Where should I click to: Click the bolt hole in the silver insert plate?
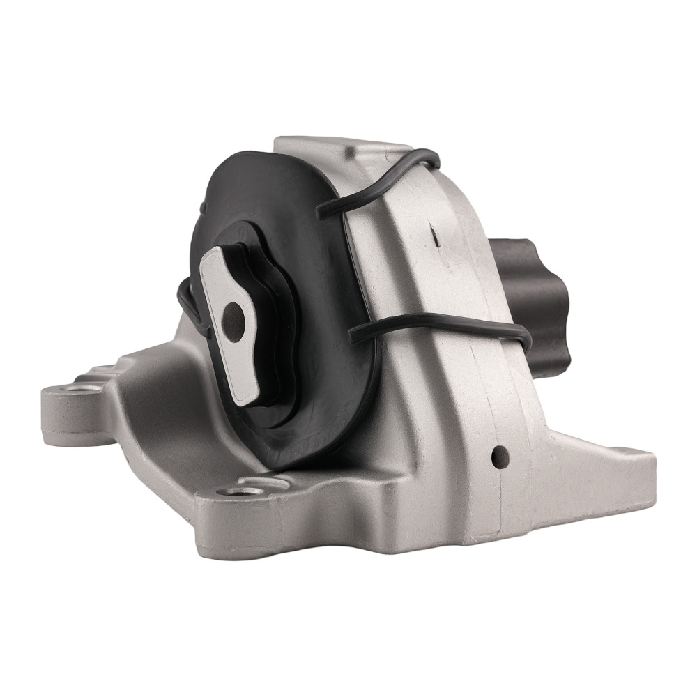tap(233, 320)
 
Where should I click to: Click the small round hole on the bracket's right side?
tap(499, 457)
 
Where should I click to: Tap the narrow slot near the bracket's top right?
tap(434, 238)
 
